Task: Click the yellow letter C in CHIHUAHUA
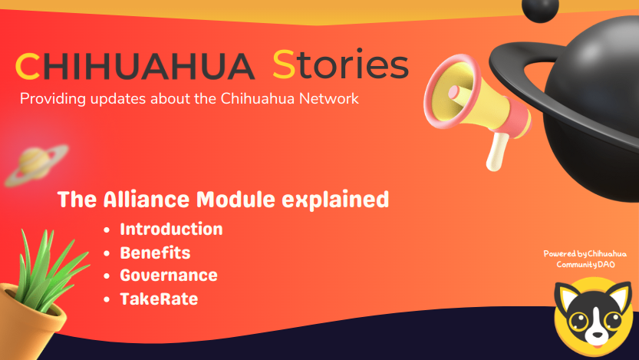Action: [28, 66]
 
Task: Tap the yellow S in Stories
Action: [284, 64]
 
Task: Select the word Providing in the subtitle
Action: [53, 99]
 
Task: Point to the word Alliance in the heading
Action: [146, 200]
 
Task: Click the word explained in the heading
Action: [335, 200]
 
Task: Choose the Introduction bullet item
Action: [171, 230]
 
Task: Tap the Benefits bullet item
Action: [155, 253]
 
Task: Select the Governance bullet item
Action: [169, 276]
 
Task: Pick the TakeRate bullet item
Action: [159, 299]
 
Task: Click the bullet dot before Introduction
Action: [107, 230]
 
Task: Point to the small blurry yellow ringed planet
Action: [35, 165]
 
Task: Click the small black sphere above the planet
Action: [540, 9]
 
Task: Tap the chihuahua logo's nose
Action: [597, 335]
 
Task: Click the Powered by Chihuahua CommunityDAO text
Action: [585, 259]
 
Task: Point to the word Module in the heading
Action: [236, 200]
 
